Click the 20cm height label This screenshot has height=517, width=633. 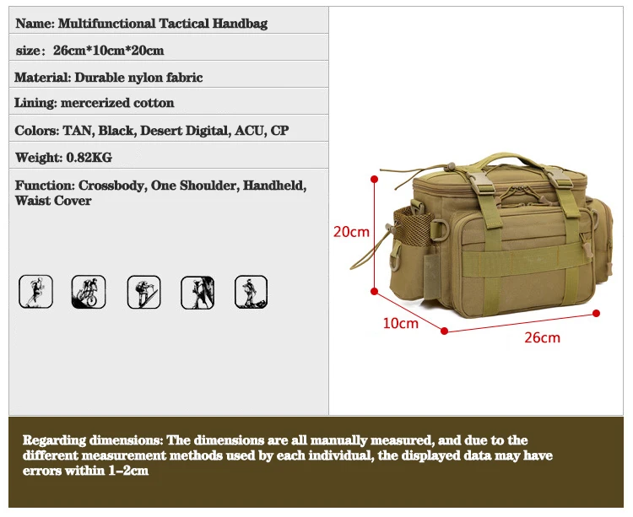[x=351, y=231]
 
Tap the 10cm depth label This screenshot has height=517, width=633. [x=400, y=323]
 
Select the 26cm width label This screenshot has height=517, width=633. [x=542, y=337]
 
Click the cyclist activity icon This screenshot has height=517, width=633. [x=89, y=292]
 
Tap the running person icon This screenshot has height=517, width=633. [x=35, y=292]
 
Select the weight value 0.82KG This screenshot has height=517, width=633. [x=88, y=158]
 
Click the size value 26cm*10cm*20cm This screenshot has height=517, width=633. [x=108, y=51]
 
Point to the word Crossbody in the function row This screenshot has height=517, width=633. [x=111, y=186]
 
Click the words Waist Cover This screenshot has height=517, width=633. [x=53, y=201]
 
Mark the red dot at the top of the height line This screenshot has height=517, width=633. [x=375, y=178]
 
